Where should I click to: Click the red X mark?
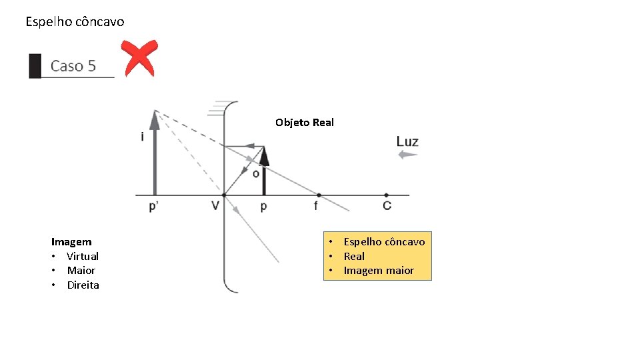pyautogui.click(x=139, y=57)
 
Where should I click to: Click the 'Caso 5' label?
pyautogui.click(x=73, y=66)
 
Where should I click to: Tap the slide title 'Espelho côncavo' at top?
pyautogui.click(x=75, y=22)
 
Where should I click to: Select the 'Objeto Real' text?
pyautogui.click(x=305, y=123)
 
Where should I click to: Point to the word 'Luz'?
pyautogui.click(x=407, y=141)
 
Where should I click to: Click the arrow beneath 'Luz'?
pyautogui.click(x=407, y=155)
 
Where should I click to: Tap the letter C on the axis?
pyautogui.click(x=387, y=206)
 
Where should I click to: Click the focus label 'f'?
pyautogui.click(x=316, y=206)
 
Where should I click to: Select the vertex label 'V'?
pyautogui.click(x=215, y=206)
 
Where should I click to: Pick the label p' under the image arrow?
pyautogui.click(x=154, y=206)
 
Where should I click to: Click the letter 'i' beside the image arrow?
pyautogui.click(x=142, y=137)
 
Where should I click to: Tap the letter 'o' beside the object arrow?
pyautogui.click(x=255, y=173)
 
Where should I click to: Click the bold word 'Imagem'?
pyautogui.click(x=71, y=242)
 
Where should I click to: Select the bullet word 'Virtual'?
pyautogui.click(x=83, y=257)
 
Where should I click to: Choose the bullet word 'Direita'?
pyautogui.click(x=83, y=285)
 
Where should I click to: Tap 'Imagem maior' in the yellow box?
pyautogui.click(x=379, y=271)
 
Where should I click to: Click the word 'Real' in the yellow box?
pyautogui.click(x=354, y=257)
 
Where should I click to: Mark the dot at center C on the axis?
pyautogui.click(x=387, y=195)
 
